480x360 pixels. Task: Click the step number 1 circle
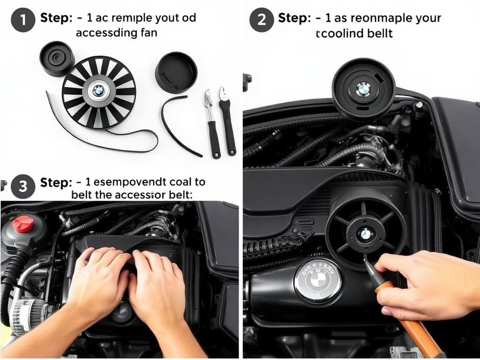[22, 20]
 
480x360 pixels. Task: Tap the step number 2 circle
[261, 20]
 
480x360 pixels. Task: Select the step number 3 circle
[22, 186]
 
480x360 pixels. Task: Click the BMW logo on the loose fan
[98, 90]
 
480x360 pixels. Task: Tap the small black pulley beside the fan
[57, 58]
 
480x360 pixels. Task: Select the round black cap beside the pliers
[176, 72]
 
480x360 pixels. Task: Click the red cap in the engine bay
[23, 224]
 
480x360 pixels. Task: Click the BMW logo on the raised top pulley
[363, 89]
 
